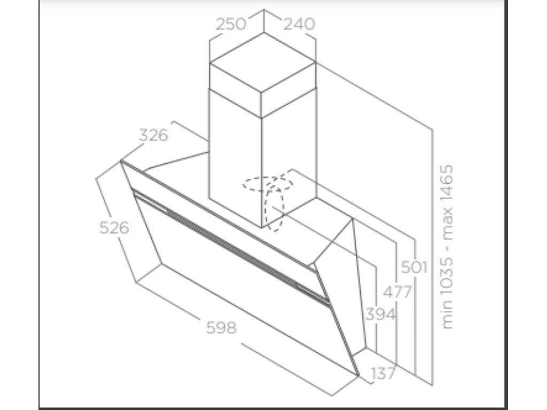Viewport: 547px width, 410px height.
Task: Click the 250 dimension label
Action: tap(231, 24)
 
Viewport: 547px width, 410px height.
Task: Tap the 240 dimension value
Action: tap(299, 24)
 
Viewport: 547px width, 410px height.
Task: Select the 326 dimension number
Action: tap(153, 135)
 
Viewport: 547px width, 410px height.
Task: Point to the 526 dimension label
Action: tap(114, 228)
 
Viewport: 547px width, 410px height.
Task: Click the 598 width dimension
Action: tap(221, 327)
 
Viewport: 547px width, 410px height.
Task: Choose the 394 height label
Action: tap(380, 314)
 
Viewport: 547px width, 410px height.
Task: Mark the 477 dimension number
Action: tap(397, 292)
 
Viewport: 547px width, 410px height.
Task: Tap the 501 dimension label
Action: tap(415, 267)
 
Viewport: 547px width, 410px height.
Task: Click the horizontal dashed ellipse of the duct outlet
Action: tap(268, 184)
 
